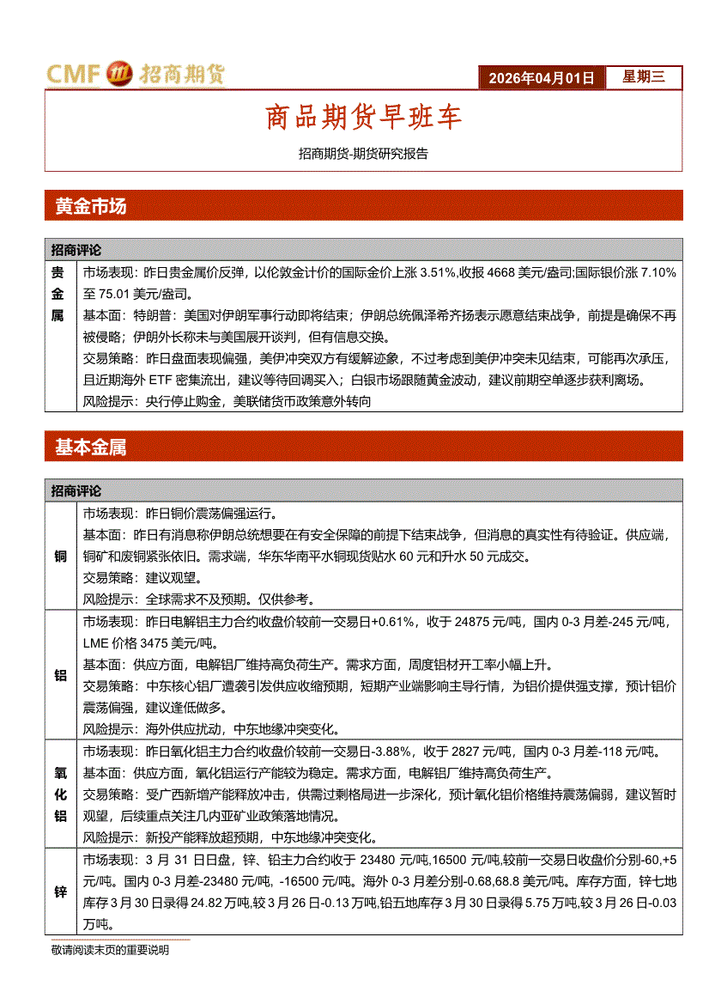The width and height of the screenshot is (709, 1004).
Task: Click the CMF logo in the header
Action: click(135, 75)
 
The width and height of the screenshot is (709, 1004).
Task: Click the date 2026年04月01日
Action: click(541, 78)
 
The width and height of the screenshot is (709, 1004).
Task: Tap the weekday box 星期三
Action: click(643, 77)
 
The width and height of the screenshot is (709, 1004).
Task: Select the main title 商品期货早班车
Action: click(363, 118)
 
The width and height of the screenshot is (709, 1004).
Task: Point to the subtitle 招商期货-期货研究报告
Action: click(363, 155)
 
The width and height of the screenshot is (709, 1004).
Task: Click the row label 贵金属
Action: click(58, 293)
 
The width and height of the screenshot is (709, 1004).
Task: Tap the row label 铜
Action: click(60, 557)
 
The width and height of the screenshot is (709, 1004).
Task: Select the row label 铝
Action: click(60, 676)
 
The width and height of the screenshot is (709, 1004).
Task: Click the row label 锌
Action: click(60, 892)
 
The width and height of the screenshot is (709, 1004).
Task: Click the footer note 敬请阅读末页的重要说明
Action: click(110, 951)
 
